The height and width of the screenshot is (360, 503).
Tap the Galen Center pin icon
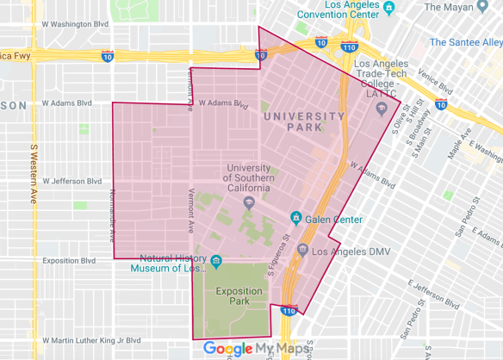[295, 219]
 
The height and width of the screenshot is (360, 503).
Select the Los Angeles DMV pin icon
[302, 251]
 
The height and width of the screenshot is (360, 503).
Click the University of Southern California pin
[248, 203]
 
